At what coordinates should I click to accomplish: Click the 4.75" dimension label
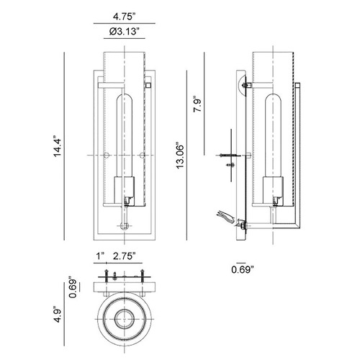124,17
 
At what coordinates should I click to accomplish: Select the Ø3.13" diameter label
125,32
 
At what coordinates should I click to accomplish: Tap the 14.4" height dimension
58,148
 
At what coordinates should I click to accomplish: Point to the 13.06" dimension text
180,157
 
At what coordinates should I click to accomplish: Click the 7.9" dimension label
198,104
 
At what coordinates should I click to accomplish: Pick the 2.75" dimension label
125,256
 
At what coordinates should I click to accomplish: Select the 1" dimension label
101,256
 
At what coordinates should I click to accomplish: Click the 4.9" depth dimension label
58,314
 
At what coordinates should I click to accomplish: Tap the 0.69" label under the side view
243,269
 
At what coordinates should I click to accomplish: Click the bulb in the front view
125,135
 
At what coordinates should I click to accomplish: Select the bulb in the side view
273,135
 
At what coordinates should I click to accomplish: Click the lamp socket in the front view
124,190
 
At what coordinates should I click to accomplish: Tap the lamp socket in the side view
273,190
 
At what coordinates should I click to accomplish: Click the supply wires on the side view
225,216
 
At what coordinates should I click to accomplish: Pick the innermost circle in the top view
125,319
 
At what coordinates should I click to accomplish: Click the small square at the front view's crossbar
148,85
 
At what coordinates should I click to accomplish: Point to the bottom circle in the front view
125,226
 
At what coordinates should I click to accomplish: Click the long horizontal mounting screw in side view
228,156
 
